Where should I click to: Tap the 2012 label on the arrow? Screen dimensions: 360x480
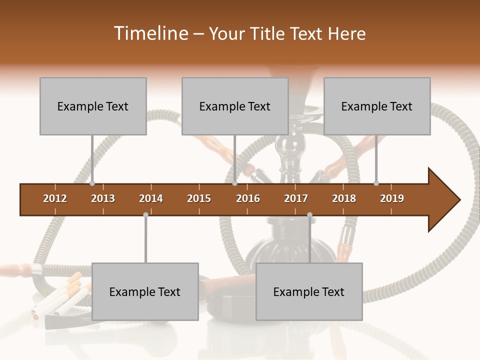(x=55, y=198)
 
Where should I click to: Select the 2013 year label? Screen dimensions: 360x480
(x=103, y=198)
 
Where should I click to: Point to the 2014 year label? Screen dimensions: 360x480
(x=151, y=198)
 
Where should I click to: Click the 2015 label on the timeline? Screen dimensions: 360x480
(x=199, y=198)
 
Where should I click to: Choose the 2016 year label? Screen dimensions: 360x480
(x=248, y=198)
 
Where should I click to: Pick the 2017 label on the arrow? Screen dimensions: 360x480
(x=296, y=198)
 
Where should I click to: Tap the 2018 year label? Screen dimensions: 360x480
(x=344, y=198)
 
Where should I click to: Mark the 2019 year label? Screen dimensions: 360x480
(x=392, y=198)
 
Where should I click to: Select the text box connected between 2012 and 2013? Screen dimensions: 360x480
(x=93, y=106)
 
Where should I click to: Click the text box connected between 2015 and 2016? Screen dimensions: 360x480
(x=235, y=106)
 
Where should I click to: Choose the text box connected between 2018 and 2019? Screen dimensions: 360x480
(x=377, y=106)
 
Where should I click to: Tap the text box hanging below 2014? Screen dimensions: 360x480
(x=145, y=291)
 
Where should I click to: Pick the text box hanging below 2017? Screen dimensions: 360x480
(x=309, y=291)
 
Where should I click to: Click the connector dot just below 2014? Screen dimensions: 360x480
(x=145, y=215)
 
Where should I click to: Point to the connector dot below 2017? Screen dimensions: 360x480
(x=309, y=215)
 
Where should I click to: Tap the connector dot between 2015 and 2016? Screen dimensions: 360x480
(x=235, y=183)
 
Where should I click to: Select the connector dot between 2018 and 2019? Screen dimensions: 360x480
(x=376, y=183)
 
